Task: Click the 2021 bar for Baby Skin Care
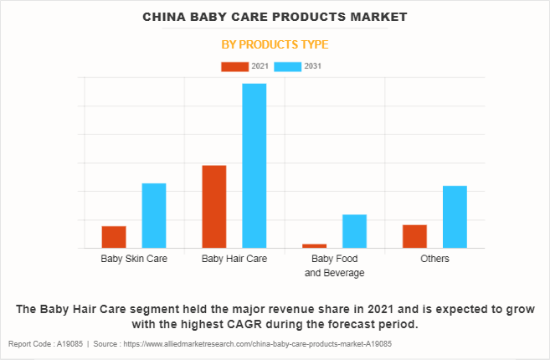pyautogui.click(x=114, y=237)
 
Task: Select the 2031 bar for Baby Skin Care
pyautogui.click(x=154, y=215)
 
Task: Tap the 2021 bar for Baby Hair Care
pyautogui.click(x=214, y=207)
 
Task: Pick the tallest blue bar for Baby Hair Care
pyautogui.click(x=254, y=166)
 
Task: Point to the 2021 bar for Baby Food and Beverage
pyautogui.click(x=315, y=245)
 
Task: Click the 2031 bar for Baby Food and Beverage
pyautogui.click(x=355, y=231)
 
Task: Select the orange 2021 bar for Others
pyautogui.click(x=414, y=236)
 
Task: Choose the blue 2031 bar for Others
pyautogui.click(x=455, y=217)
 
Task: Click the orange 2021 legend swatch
pyautogui.click(x=234, y=66)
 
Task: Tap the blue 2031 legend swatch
pyautogui.click(x=288, y=66)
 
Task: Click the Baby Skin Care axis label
pyautogui.click(x=134, y=259)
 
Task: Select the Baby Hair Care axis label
pyautogui.click(x=234, y=259)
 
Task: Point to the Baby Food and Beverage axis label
pyautogui.click(x=335, y=265)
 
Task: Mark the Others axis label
pyautogui.click(x=434, y=259)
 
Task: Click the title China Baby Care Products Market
pyautogui.click(x=275, y=17)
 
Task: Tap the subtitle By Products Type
pyautogui.click(x=275, y=44)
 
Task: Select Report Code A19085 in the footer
pyautogui.click(x=47, y=344)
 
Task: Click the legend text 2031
pyautogui.click(x=313, y=66)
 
